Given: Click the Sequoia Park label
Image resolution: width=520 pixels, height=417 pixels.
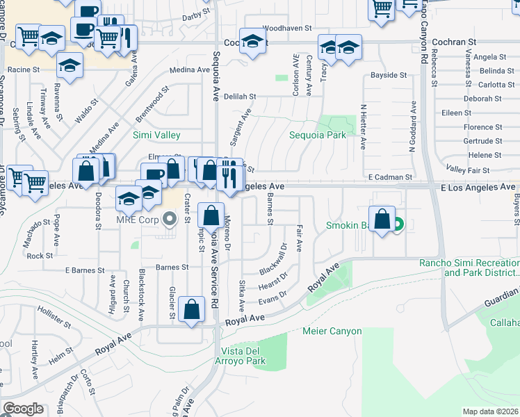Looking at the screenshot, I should [x=318, y=135].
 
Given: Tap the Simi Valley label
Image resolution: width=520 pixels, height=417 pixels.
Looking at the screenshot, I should [x=156, y=135].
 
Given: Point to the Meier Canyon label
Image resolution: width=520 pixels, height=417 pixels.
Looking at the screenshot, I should [x=332, y=331].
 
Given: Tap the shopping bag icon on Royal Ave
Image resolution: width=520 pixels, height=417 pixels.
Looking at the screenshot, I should [x=191, y=309].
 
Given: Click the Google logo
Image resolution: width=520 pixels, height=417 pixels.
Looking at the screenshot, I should [x=23, y=408].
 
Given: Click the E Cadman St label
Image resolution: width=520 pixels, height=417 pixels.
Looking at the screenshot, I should [x=391, y=178].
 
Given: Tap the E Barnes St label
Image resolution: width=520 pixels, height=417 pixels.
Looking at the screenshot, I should [x=84, y=270].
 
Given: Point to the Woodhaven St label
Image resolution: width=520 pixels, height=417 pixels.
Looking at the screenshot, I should [x=286, y=28].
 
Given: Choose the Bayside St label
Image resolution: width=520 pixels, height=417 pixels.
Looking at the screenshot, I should [x=388, y=74].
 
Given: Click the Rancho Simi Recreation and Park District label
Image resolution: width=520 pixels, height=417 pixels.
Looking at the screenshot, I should [x=469, y=268].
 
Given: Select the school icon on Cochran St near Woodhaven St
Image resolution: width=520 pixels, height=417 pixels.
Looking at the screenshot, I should [x=253, y=41].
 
